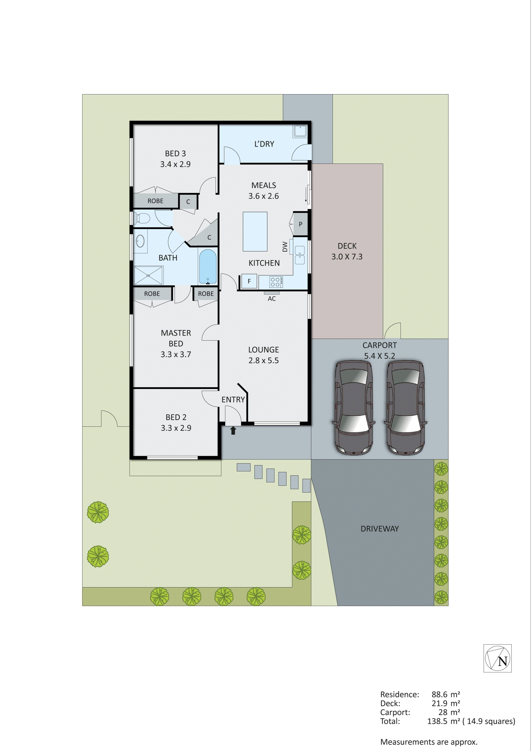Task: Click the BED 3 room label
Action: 175,153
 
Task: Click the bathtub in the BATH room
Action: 208,267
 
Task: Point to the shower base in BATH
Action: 148,275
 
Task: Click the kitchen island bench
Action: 255,231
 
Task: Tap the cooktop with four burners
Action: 275,282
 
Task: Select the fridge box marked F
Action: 249,281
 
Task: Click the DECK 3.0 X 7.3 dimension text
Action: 347,257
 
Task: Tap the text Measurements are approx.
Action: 429,742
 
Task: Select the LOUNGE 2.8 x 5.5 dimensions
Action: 263,361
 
